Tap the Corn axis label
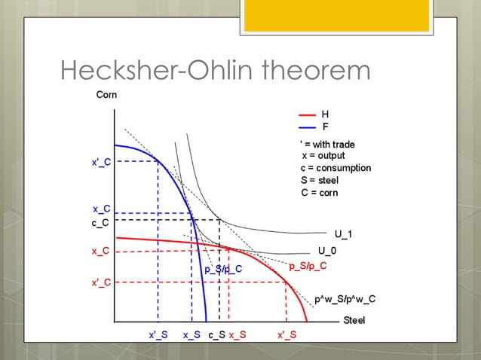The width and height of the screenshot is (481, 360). [x=106, y=96]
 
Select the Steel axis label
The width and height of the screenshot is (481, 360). [x=354, y=321]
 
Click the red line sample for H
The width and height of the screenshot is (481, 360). [x=307, y=114]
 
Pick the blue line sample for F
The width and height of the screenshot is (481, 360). [x=307, y=127]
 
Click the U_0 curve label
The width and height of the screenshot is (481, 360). [x=327, y=251]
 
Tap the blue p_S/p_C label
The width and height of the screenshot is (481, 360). [x=223, y=269]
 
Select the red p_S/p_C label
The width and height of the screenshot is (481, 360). [x=308, y=266]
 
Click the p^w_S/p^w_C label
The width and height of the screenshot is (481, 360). [x=345, y=300]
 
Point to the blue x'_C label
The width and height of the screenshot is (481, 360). [x=102, y=162]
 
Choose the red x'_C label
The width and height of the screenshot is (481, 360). [x=102, y=282]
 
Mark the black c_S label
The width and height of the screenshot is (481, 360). [x=216, y=335]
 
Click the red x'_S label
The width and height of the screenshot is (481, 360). [x=286, y=335]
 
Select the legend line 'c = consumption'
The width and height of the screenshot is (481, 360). [x=335, y=168]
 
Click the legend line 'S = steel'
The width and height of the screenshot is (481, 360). [x=320, y=181]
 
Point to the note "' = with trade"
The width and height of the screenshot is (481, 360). [x=327, y=144]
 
